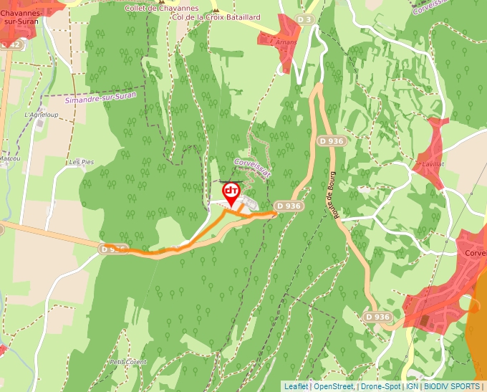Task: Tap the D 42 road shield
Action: click(11, 44)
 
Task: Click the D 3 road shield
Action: click(304, 19)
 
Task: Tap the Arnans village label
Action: click(285, 42)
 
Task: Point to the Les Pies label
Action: click(82, 163)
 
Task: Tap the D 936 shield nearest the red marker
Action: click(288, 206)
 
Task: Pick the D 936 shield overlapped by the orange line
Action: click(114, 249)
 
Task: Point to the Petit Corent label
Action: click(128, 362)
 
